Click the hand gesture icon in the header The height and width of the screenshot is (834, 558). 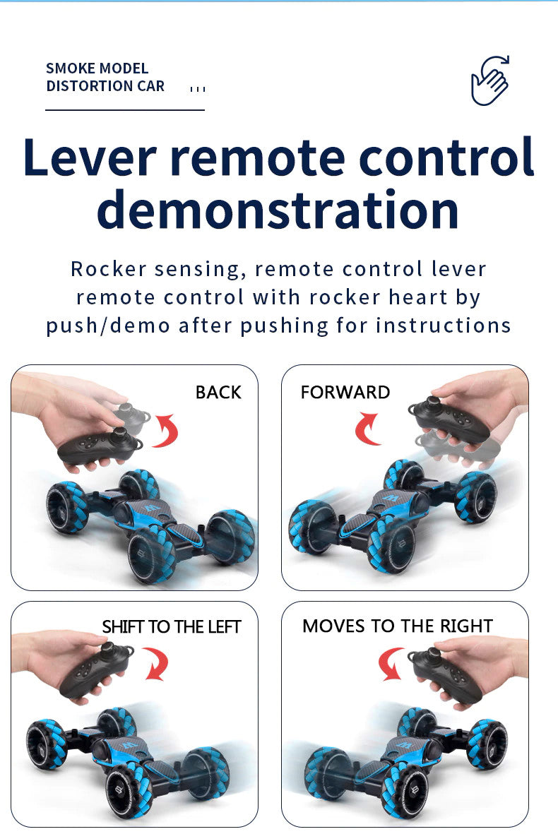coord(490,81)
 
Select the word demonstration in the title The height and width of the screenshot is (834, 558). coord(278,210)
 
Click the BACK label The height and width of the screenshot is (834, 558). coord(218,393)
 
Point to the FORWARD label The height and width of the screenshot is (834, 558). coord(345,393)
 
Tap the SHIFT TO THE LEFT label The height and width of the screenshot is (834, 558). coord(171,627)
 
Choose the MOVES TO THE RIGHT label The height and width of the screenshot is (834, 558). coord(398,626)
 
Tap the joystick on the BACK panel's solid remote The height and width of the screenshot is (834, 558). coord(121,434)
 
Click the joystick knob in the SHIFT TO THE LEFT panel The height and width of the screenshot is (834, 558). coord(109,650)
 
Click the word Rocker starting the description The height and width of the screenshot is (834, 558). coord(108,269)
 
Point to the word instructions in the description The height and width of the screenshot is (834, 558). coord(443,326)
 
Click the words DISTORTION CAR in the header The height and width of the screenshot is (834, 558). coord(105,86)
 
